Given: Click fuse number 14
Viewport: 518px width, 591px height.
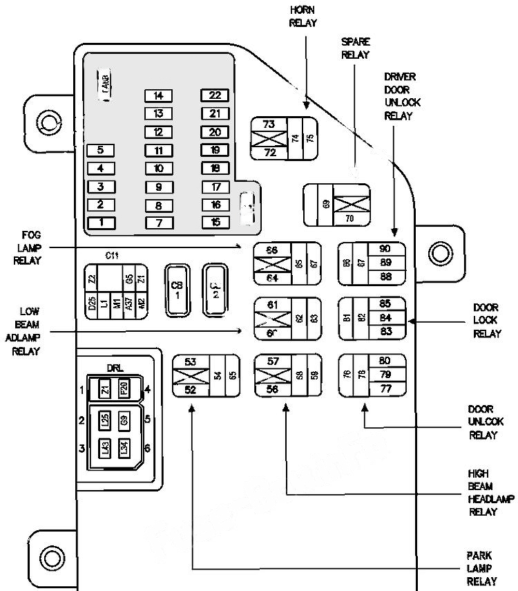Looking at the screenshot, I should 158,95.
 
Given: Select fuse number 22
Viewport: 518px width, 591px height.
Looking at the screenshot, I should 215,95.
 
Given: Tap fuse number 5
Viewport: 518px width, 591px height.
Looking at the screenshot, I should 101,150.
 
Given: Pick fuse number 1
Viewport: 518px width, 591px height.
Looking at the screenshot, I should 101,222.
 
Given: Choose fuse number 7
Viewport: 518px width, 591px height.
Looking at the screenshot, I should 158,223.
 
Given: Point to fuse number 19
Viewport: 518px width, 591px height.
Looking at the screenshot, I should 215,150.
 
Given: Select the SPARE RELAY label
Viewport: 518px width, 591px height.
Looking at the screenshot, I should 356,48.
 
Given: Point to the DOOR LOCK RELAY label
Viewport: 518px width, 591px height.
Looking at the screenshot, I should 486,320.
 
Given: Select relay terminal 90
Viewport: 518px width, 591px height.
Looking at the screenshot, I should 385,248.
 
